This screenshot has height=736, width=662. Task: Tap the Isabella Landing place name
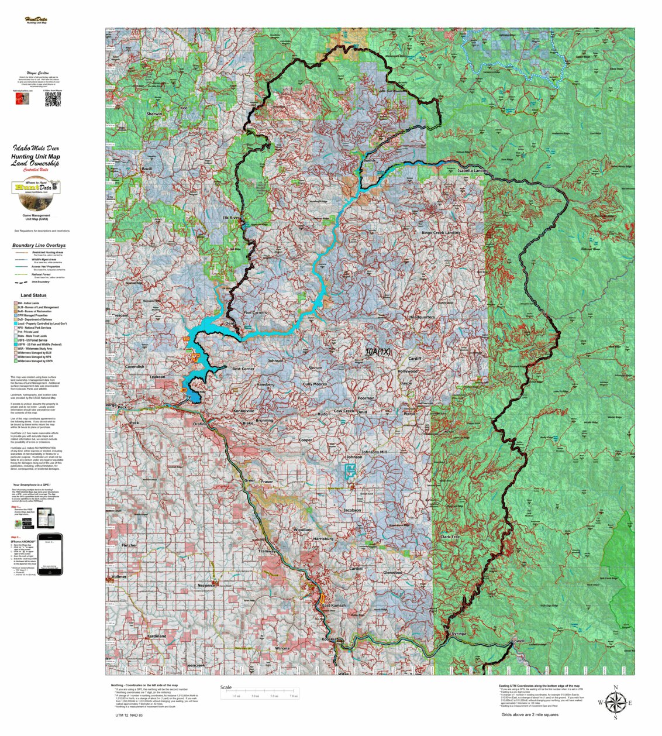coord(473,170)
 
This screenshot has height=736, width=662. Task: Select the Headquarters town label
coord(422,317)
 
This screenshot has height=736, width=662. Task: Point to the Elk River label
coord(232,218)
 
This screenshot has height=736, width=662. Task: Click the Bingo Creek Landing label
coord(440,232)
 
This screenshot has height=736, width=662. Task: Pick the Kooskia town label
coord(329,639)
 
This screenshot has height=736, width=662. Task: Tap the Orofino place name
coord(201,424)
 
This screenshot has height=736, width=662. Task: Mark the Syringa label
coord(458,634)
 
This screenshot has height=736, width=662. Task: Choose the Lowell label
coord(518,641)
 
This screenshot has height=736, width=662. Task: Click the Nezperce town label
coord(206,584)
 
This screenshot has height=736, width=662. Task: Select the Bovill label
coord(147,168)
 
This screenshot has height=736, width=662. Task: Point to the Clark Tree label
coord(449,536)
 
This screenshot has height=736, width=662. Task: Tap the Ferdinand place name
coord(157,636)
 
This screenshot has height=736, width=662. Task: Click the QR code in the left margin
coord(53,99)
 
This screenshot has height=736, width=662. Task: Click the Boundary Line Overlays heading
coord(39,245)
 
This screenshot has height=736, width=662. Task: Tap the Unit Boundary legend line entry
coord(39,281)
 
